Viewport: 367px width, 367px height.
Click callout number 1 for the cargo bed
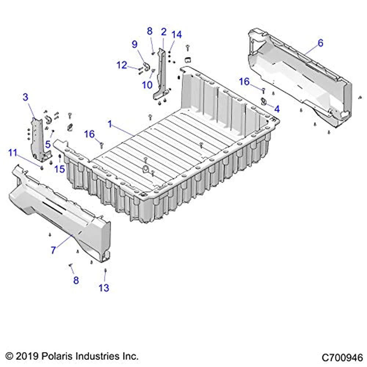[x=110, y=124]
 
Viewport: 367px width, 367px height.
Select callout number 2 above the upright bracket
[x=164, y=32]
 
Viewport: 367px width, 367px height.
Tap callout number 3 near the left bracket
[x=26, y=97]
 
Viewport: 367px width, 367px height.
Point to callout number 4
[x=277, y=109]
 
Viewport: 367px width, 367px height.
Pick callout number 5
[x=48, y=144]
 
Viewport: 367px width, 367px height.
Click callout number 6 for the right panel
[x=320, y=43]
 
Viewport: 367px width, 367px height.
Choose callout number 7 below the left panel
[x=53, y=250]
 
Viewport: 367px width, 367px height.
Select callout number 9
[x=135, y=44]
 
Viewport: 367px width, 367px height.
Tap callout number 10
[x=147, y=85]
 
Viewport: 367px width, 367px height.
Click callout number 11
[x=13, y=153]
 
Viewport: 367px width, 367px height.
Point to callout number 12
[x=122, y=65]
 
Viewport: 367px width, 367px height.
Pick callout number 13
[x=104, y=288]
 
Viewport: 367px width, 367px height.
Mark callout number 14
[x=177, y=34]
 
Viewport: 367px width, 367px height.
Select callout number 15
[x=59, y=169]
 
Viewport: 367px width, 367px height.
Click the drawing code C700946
[x=342, y=357]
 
